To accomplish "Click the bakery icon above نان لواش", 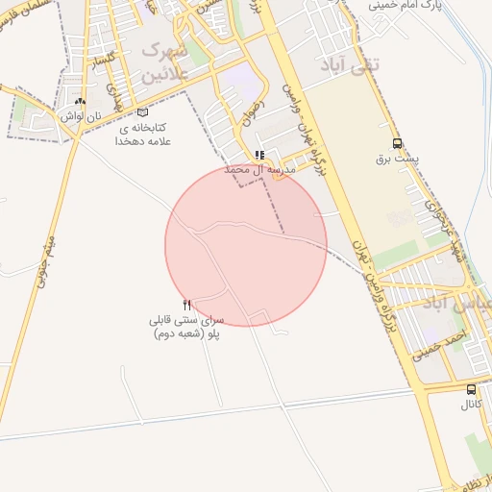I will pos(80,101).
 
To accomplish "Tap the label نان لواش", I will pos(80,115).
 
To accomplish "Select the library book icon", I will pos(143,112).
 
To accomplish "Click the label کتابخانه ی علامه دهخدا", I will pos(142,134).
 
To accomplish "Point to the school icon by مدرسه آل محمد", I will pos(259,155).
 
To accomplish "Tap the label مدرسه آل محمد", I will pos(258,169).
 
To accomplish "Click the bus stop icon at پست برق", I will pos(397,143).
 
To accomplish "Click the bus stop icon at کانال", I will pos(471,389).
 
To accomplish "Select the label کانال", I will pos(471,405).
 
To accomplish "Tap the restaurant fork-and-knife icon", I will pos(186,305).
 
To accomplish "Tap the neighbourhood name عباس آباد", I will pos(461,306).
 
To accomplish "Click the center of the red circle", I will pos(246,245).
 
